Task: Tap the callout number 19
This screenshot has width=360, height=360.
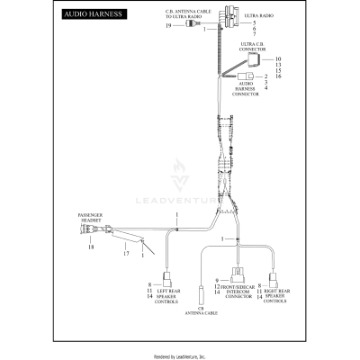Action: pos(168,26)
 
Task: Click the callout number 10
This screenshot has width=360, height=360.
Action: pos(279,58)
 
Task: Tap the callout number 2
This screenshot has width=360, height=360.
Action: pos(266,76)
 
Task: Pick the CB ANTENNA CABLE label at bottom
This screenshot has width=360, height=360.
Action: pos(201,311)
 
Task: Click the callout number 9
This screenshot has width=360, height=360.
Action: pos(218,281)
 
